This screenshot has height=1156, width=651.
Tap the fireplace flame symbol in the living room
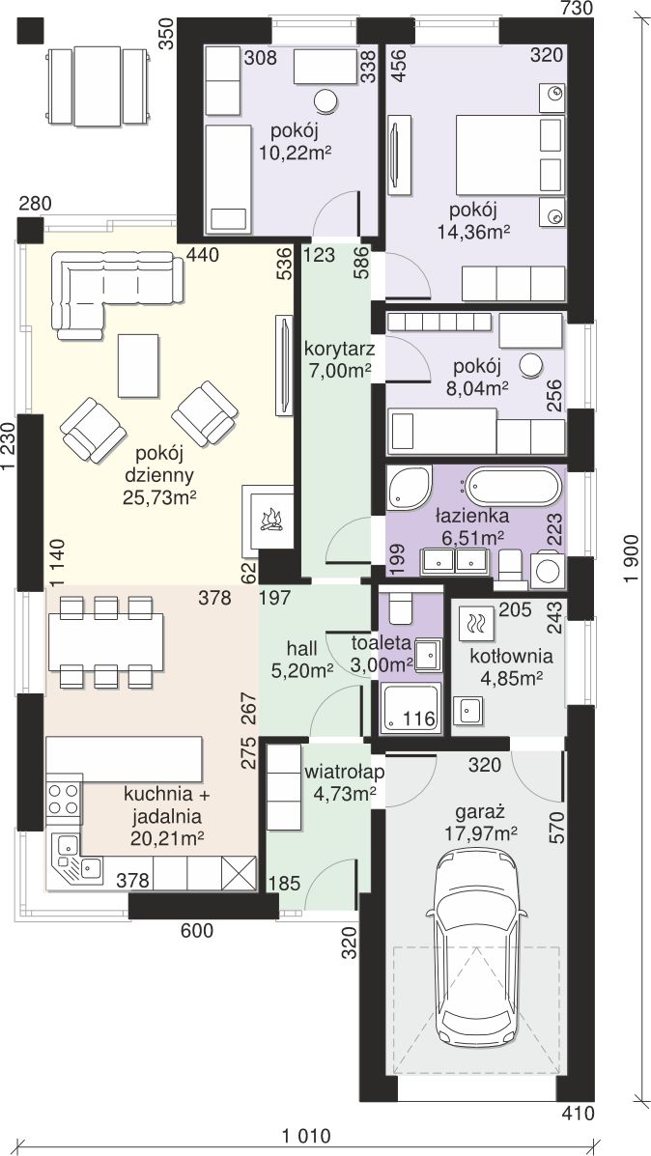(x=271, y=520)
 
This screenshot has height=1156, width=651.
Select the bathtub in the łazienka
(x=514, y=488)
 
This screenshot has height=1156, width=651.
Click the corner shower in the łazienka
(x=408, y=488)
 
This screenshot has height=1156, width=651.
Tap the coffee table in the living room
(x=138, y=366)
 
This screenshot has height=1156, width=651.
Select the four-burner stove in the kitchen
(x=64, y=800)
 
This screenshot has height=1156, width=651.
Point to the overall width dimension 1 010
(x=307, y=1135)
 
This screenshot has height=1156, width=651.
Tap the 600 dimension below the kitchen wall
(x=197, y=931)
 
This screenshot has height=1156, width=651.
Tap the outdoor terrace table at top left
(x=98, y=86)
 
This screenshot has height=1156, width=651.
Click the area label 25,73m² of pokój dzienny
(x=159, y=498)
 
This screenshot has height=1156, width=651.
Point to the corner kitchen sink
(x=75, y=858)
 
